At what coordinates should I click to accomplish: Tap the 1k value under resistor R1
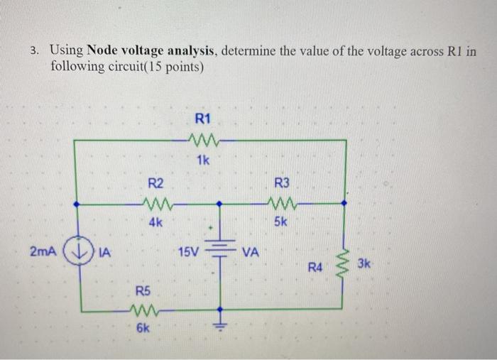coord(203,160)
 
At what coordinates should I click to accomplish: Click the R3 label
coord(280,183)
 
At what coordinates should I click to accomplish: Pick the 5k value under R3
coord(280,222)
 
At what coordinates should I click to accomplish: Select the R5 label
coord(143,290)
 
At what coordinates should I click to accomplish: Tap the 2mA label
coord(43,252)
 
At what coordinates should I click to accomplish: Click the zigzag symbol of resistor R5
coord(145,310)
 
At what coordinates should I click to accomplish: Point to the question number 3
coord(35,52)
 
